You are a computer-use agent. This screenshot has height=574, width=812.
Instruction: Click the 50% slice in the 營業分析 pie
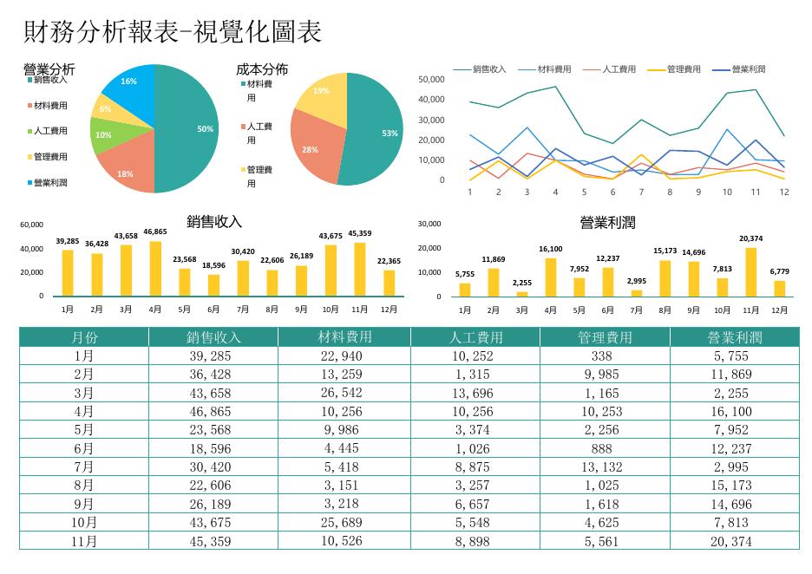[187, 129]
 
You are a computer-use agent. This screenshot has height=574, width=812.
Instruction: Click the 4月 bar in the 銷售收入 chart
[155, 269]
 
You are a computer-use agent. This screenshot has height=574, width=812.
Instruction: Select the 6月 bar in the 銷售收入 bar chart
[213, 285]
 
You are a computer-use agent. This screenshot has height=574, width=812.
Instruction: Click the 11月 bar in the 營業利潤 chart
[751, 272]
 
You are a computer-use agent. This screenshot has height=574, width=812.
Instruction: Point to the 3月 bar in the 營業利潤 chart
[522, 294]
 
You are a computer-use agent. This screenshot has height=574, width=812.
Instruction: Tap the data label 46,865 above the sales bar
[155, 232]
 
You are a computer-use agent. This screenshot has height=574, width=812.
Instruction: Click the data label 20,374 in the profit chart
[751, 238]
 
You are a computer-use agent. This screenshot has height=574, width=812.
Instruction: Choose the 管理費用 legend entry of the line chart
[674, 68]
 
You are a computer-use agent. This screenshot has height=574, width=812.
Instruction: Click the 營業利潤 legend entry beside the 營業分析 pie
[47, 183]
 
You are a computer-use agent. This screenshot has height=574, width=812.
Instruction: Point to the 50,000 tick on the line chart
[431, 79]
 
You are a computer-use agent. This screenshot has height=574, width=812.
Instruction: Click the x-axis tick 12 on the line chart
[784, 192]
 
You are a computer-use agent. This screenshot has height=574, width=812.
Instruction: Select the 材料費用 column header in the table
[345, 337]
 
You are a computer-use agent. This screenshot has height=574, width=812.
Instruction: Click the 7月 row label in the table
[84, 466]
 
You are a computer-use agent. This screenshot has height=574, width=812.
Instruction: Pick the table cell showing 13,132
[602, 466]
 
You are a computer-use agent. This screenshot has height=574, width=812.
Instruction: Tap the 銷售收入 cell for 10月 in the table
[210, 523]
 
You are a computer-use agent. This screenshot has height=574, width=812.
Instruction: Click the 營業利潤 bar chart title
[607, 223]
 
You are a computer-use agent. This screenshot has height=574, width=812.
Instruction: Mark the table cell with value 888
[602, 449]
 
